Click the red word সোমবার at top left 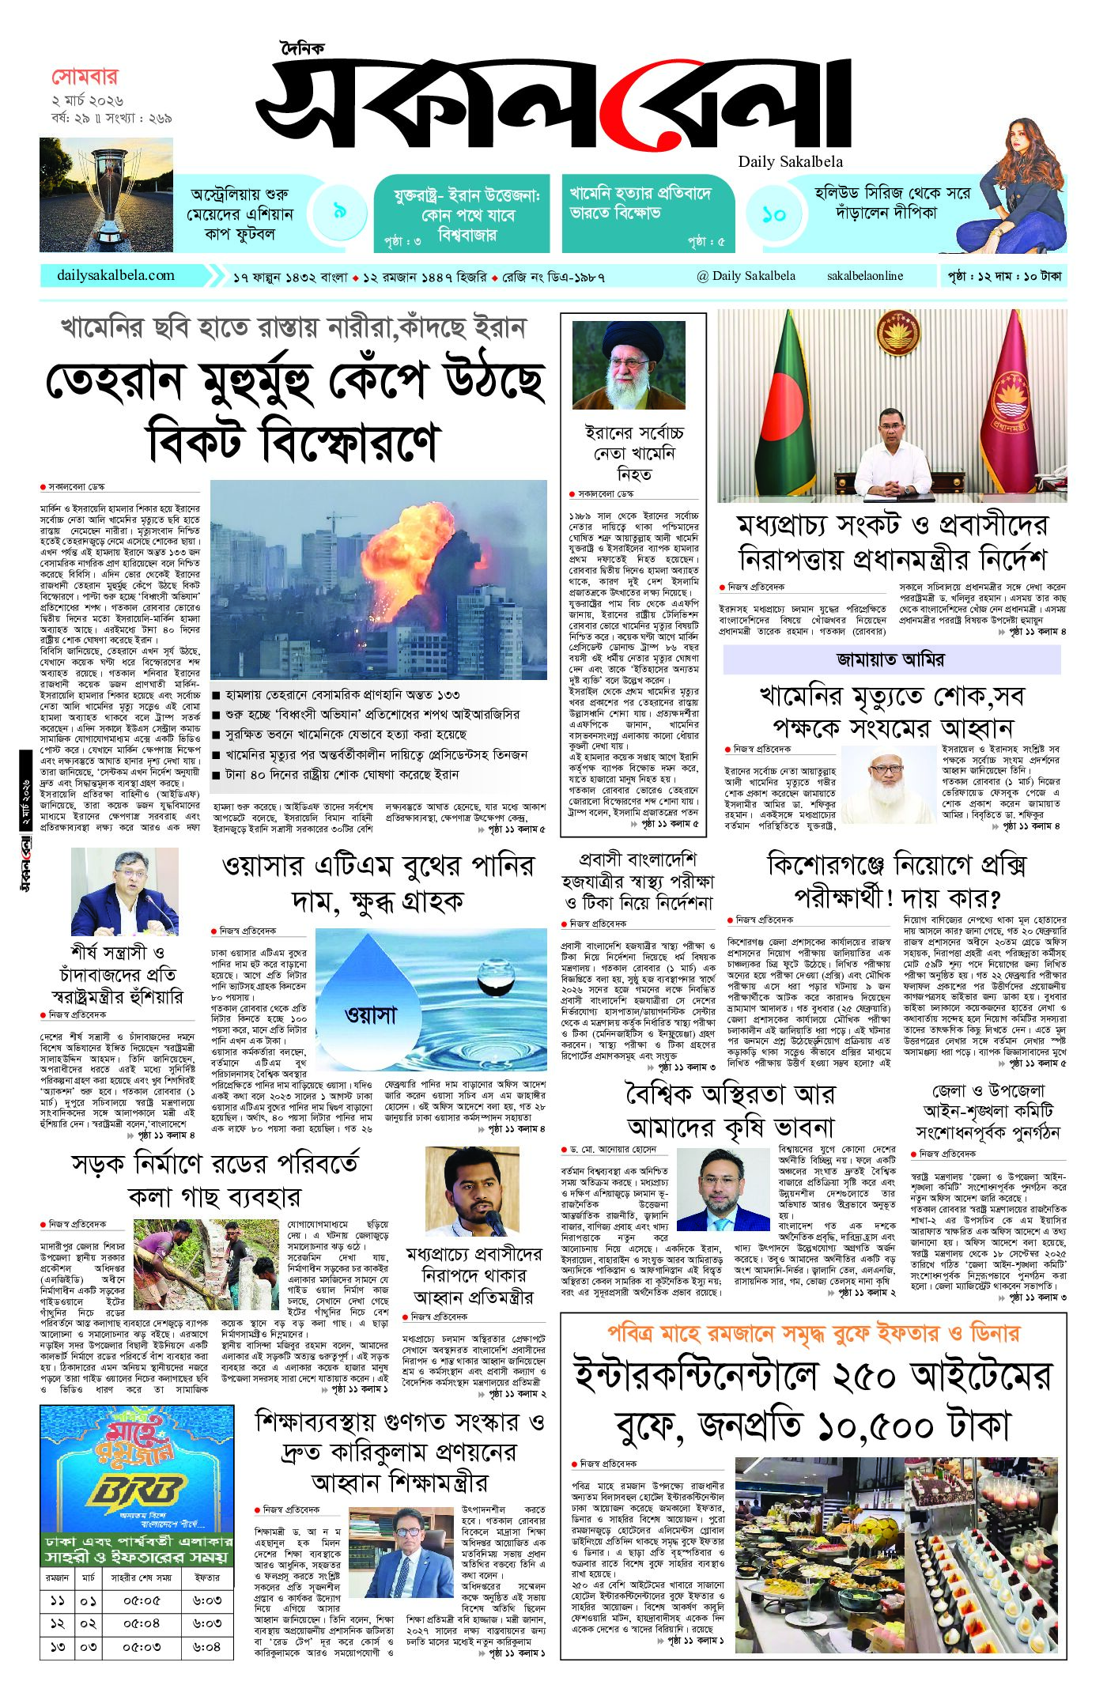[85, 77]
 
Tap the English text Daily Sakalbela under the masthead [790, 162]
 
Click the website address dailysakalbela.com [115, 275]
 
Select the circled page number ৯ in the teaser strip [340, 211]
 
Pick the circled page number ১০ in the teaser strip [773, 213]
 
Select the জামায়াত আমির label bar [891, 659]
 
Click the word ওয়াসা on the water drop [370, 1014]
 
